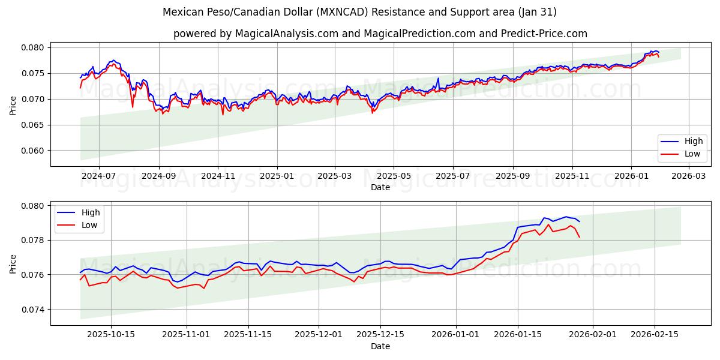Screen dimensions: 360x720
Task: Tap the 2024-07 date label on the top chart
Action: [x=98, y=176]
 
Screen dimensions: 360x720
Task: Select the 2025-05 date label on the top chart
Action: [x=394, y=176]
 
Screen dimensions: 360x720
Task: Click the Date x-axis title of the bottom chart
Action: [x=380, y=346]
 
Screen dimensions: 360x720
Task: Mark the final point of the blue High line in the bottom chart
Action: [x=579, y=221]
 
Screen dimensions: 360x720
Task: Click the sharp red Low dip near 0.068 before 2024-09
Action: [x=133, y=107]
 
